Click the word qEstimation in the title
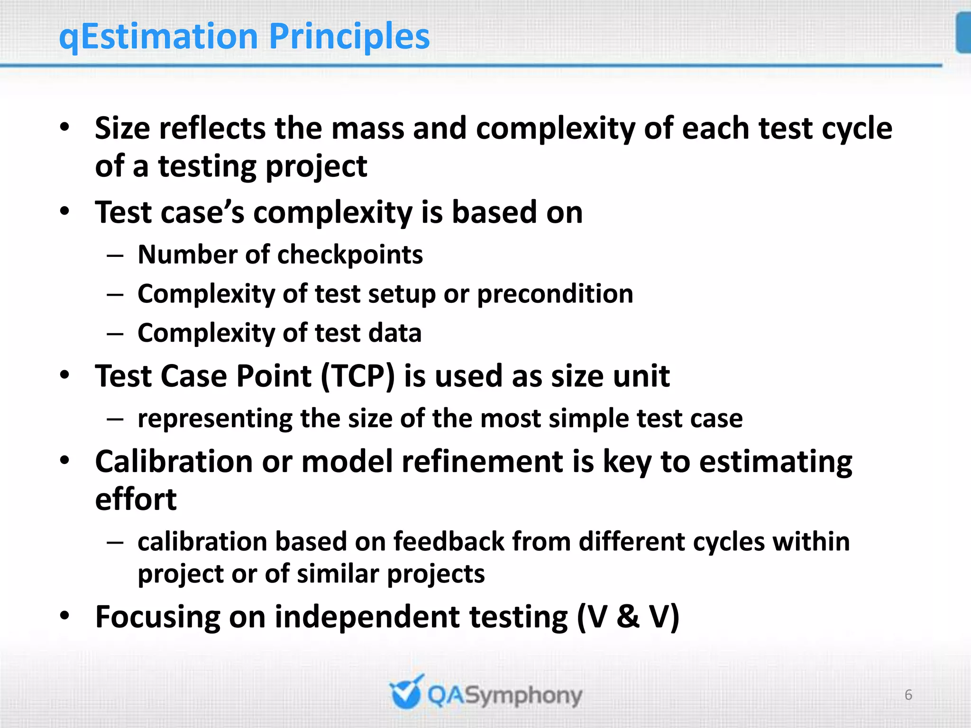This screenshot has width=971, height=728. click(158, 37)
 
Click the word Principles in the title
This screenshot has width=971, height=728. click(349, 37)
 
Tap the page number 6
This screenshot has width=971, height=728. click(908, 695)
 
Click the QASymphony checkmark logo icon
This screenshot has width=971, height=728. click(406, 693)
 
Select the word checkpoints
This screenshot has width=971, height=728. click(350, 255)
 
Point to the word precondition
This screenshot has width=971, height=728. click(555, 294)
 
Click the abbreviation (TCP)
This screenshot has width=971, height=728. click(357, 376)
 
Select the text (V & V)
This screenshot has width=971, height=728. click(628, 617)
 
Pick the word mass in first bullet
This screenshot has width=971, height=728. click(367, 128)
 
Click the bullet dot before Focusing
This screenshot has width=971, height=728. click(65, 616)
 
